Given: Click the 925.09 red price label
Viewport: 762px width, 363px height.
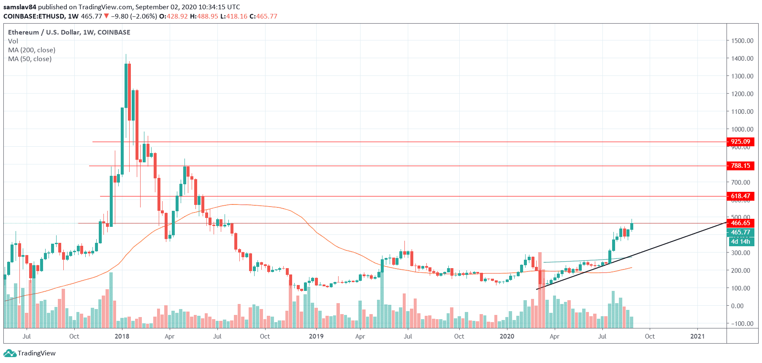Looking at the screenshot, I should (740, 142).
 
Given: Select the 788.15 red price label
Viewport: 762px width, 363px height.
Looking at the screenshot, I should (740, 166).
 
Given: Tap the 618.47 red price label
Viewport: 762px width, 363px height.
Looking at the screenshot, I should (740, 196).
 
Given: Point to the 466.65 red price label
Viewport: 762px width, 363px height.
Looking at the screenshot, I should (740, 223).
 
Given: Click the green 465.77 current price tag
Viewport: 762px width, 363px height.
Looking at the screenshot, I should (740, 232).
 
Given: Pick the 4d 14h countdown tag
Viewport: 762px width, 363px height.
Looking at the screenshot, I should (740, 242).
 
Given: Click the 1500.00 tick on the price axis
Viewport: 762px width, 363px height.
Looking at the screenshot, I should (742, 41).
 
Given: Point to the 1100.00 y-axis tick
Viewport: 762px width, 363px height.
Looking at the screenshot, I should (742, 112).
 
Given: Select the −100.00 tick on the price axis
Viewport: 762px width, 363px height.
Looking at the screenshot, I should (742, 324).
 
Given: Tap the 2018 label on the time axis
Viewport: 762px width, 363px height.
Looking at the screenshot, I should (122, 336).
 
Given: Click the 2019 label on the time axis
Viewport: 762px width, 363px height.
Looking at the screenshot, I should (316, 336).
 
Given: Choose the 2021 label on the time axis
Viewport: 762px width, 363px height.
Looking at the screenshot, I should (697, 336).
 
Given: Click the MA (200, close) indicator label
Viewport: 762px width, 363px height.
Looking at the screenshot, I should (32, 50).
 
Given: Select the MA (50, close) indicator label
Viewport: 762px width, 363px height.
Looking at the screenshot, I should (30, 59).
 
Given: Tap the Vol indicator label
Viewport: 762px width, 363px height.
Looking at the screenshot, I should (13, 41).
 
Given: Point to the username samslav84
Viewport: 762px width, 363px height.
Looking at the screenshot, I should (19, 7).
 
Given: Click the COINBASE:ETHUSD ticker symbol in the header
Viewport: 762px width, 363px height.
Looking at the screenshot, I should (34, 16).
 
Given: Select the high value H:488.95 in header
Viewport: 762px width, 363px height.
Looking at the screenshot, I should (204, 16).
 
